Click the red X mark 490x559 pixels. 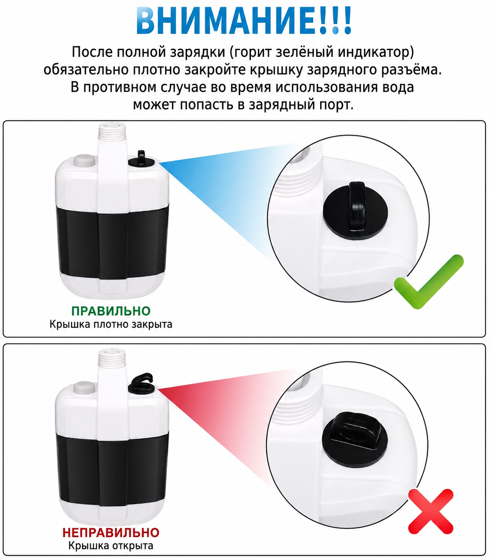click(430, 511)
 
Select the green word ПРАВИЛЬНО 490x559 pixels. click(111, 311)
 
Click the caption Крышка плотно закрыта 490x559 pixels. click(111, 324)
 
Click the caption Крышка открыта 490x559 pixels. click(111, 546)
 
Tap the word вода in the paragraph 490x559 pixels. click(398, 87)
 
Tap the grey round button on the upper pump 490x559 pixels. click(84, 161)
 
